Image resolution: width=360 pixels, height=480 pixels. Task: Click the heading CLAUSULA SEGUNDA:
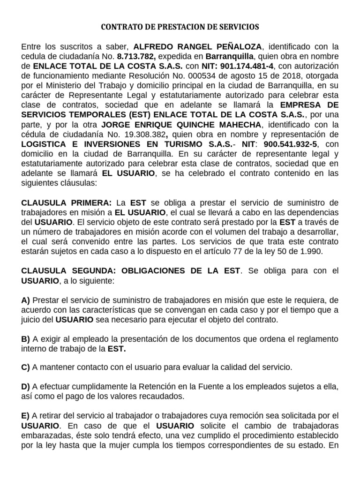69,270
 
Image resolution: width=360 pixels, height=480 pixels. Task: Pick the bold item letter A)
26,300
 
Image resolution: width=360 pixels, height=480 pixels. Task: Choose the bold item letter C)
26,367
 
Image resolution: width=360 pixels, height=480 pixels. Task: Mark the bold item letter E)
26,416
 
